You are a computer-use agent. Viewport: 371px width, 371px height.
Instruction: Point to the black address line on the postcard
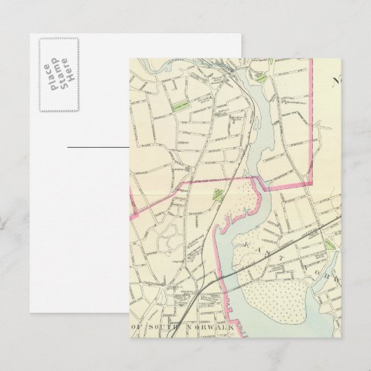point(98,148)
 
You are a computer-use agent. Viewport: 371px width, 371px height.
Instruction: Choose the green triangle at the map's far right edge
point(330,245)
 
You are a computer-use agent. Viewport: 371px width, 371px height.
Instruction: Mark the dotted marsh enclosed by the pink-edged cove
point(241,203)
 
